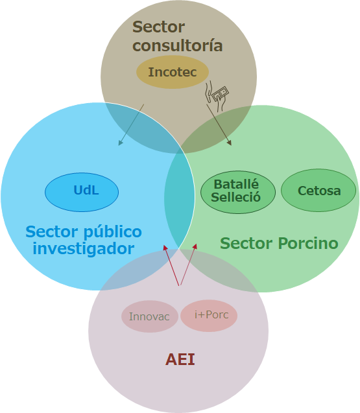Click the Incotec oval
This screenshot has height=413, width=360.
173,72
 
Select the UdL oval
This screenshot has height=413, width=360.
82,192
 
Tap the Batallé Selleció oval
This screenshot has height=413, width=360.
238,192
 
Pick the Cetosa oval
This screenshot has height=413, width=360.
318,190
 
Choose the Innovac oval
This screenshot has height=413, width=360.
149,316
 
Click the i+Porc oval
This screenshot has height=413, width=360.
209,316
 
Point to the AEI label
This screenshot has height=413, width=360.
180,359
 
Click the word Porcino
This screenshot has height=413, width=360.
308,243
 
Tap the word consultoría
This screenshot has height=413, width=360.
178,45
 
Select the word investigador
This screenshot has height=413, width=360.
83,248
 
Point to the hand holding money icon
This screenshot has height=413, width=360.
217,96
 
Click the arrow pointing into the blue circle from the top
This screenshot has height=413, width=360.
131,125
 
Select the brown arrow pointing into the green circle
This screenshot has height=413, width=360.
219,125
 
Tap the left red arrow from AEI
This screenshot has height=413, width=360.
171,265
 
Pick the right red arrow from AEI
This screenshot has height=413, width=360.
188,265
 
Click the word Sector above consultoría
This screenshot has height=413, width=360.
158,27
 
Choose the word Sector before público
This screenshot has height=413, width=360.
52,231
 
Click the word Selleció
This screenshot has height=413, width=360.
235,197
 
